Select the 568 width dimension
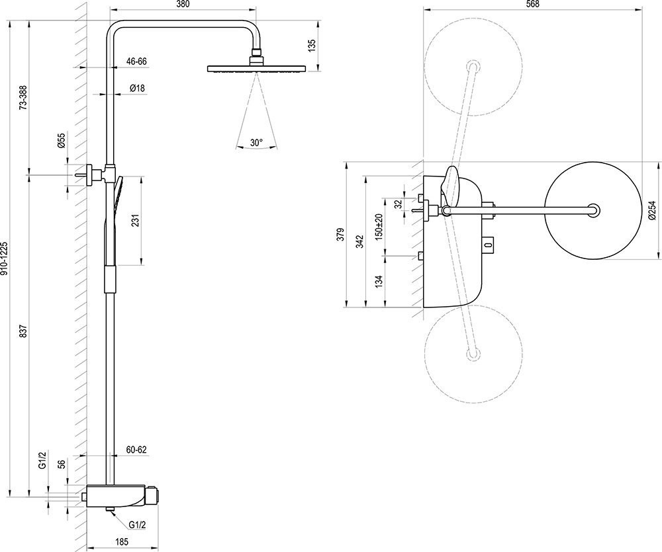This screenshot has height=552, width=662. pos(532,5)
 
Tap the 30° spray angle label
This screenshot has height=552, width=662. pos(256,142)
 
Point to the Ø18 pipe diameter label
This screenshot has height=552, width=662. pos(138,88)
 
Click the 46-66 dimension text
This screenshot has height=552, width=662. pos(136,61)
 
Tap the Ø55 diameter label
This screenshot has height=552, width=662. pos(61,140)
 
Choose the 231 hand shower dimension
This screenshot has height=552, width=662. pos(136,221)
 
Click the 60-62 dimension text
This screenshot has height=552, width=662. pos(136,450)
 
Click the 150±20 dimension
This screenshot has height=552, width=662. pos(379,227)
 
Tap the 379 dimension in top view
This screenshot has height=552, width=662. pos(340,234)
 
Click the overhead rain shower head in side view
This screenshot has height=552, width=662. pos(256,68)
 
